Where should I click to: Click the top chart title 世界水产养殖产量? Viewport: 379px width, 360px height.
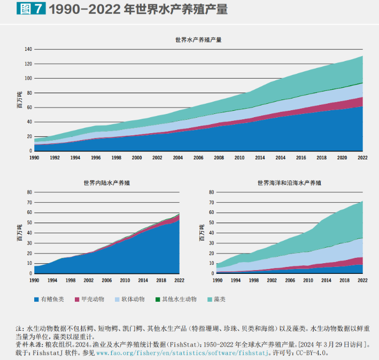(198, 40)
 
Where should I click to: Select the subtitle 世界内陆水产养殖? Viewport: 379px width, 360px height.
(106, 182)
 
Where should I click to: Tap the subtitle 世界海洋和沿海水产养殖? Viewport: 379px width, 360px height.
(289, 182)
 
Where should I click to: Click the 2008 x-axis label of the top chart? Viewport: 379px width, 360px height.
(219, 158)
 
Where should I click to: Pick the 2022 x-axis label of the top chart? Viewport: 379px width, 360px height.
(362, 158)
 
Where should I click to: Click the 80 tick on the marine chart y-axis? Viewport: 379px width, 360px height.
(211, 192)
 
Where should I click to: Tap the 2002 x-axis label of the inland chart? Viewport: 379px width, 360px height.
(89, 280)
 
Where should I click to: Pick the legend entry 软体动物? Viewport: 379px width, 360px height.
(134, 299)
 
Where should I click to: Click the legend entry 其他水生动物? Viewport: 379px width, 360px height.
(179, 299)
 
